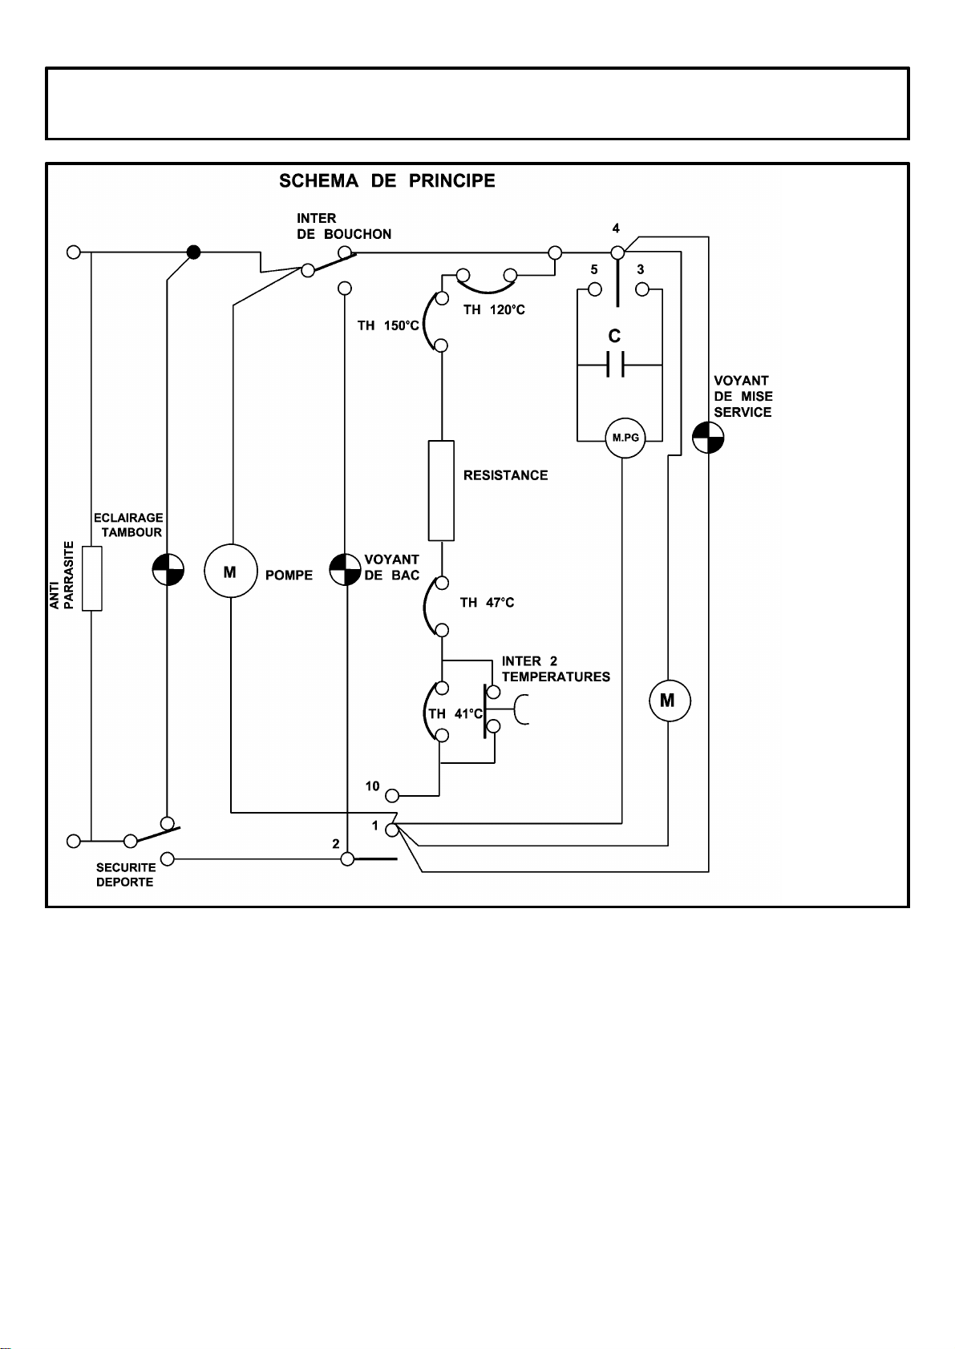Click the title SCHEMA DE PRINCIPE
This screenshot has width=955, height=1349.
tap(386, 181)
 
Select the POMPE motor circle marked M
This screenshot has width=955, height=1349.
tap(231, 571)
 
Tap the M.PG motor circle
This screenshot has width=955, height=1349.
tap(625, 438)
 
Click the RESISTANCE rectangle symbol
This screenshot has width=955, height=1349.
tap(441, 491)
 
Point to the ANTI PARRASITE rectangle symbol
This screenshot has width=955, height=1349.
tap(92, 578)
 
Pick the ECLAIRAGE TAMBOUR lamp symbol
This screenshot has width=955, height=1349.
tap(168, 570)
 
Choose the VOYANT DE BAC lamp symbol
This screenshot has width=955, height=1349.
tap(346, 570)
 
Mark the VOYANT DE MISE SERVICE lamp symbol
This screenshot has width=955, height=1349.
tap(708, 438)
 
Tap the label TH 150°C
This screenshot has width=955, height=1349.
tap(388, 325)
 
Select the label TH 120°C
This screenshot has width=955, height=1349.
tap(494, 310)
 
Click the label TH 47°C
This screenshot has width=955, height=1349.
tap(487, 603)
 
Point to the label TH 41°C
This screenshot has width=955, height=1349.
tap(455, 713)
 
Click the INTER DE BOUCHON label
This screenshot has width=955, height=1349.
tap(344, 226)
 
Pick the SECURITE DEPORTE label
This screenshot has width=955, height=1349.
tap(125, 874)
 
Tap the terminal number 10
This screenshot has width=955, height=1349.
tap(372, 786)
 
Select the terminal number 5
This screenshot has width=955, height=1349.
tap(594, 270)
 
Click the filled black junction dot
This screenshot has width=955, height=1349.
tap(192, 252)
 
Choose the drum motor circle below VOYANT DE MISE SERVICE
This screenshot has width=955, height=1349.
tap(669, 701)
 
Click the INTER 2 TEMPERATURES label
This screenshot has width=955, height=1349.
tap(556, 669)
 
